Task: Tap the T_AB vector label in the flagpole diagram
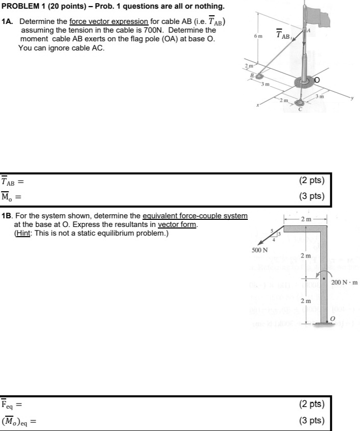tap(283, 35)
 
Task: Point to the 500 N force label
tap(259, 250)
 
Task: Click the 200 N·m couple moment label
tap(345, 282)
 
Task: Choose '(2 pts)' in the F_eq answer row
tap(312, 404)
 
